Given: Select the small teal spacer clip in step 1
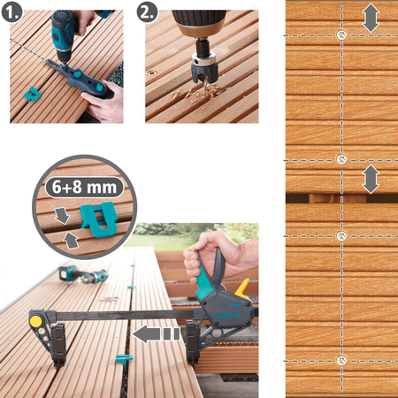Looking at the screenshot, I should (32, 94).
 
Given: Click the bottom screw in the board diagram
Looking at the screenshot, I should (341, 361).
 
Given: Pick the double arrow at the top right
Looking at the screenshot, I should (371, 19).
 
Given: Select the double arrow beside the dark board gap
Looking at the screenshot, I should (371, 180).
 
